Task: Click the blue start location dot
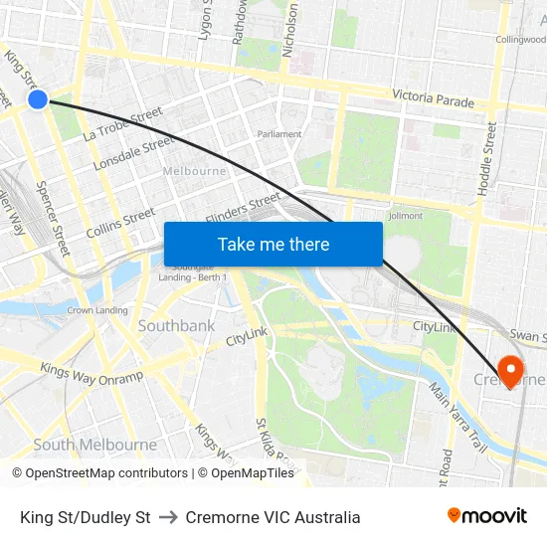[38, 99]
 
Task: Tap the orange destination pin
[511, 372]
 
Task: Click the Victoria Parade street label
[433, 97]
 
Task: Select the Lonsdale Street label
[134, 153]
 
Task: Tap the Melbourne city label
[194, 171]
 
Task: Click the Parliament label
[279, 133]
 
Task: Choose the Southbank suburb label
[176, 326]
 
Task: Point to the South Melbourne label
[94, 445]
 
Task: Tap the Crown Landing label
[97, 310]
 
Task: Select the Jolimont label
[405, 215]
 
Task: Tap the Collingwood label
[520, 39]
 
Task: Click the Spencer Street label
[53, 217]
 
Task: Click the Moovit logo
[487, 516]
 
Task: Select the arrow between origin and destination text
[167, 517]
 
